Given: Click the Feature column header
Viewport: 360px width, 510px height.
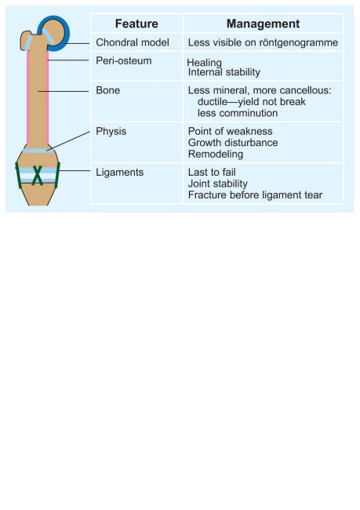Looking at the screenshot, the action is coord(136,24).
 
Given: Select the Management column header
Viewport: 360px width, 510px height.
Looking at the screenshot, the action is coord(263,24).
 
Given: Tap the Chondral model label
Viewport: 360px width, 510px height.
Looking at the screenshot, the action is coord(133,42).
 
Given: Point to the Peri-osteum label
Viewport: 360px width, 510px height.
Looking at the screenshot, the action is coord(124,61).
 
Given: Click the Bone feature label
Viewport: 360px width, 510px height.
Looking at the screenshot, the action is coord(107,90).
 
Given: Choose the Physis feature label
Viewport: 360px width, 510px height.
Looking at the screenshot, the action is coord(111,131).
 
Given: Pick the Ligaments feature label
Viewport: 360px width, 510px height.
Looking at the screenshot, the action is coord(119,173).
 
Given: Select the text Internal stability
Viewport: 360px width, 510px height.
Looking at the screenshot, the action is coord(224,72).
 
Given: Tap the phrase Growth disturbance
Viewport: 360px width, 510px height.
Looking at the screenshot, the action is coord(233,143).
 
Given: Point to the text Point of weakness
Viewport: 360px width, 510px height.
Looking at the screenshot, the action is coord(231,131).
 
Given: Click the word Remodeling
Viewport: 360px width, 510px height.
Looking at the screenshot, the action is coord(216,154).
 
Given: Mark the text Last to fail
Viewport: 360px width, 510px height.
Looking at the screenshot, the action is coord(212,173).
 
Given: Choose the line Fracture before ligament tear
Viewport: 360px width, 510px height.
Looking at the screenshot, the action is coord(255,195).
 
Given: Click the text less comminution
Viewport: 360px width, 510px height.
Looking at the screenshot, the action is coord(238,113).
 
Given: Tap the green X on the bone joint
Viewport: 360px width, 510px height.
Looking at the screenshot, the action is coord(38,175).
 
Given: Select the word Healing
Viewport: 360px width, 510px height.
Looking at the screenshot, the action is coord(204,63).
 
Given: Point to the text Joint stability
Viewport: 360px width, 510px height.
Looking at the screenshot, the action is coord(218,184).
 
